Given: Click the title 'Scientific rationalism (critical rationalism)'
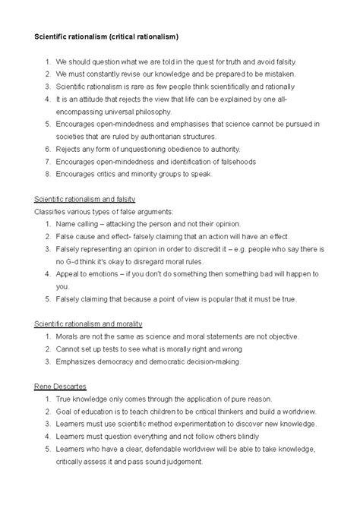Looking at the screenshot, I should [115, 36].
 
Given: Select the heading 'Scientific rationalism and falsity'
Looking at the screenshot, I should [90, 199].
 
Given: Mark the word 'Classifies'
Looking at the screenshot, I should [53, 212].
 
